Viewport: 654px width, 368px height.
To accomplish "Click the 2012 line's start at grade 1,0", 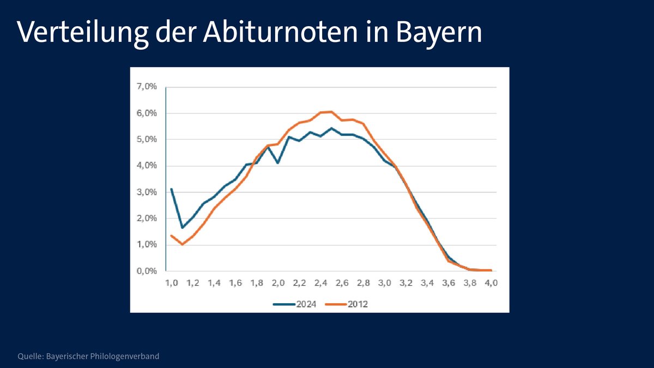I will point(172,236).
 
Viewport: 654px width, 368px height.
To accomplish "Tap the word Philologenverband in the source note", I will point(126,357).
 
